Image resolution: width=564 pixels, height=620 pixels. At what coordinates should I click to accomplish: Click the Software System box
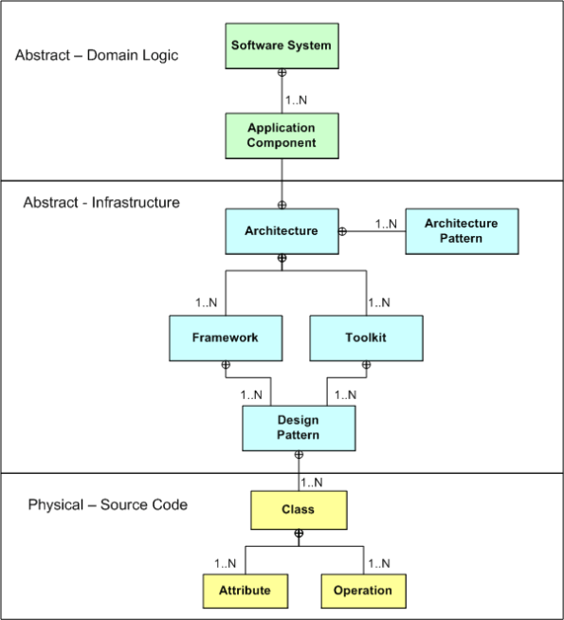pos(282,46)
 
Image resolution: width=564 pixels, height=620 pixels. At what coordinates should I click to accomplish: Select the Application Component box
pos(282,135)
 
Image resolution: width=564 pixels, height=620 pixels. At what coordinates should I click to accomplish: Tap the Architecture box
pos(282,230)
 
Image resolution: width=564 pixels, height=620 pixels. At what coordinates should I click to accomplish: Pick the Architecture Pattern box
pos(461,230)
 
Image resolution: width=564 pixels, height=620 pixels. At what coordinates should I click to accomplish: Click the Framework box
pos(226,337)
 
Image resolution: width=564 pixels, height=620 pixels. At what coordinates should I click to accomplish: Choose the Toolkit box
pos(366,337)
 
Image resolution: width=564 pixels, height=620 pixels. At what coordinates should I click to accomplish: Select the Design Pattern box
pos(298,428)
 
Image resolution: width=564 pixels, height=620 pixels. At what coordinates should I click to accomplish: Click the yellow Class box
pos(298,509)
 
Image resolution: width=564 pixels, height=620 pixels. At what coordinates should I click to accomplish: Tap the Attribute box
pos(245,590)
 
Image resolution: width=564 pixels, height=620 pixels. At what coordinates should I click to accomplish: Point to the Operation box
pos(362,590)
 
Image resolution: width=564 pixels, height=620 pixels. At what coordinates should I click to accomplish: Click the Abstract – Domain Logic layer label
pos(96,56)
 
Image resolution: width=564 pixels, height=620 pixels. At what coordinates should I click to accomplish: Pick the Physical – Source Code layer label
pos(107,504)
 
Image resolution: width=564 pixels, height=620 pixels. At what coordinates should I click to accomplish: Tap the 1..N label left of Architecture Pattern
pos(387,224)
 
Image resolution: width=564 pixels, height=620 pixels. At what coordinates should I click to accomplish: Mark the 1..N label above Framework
pos(208,303)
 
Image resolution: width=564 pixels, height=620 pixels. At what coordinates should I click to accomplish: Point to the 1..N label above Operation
pos(380,562)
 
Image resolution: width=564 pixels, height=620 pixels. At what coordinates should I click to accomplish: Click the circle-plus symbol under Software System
pos(282,73)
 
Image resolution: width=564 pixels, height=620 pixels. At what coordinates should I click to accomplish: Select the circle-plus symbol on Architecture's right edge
pos(343,230)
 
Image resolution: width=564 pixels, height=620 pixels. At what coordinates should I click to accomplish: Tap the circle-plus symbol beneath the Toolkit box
pos(366,365)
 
